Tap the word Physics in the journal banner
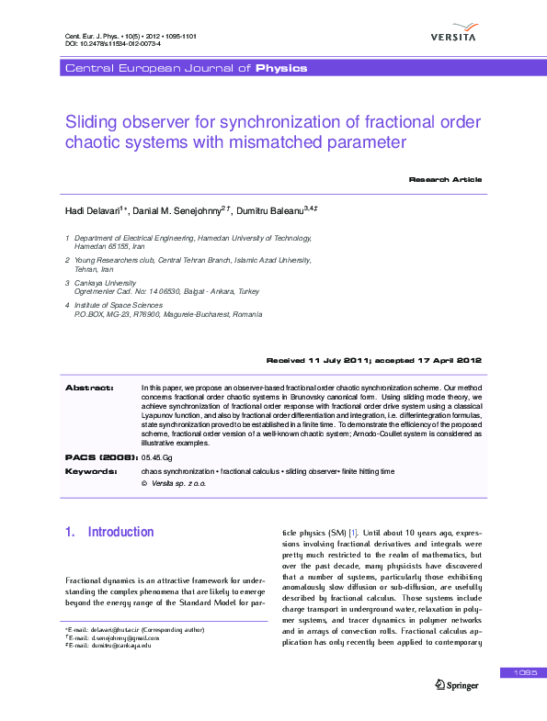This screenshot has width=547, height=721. point(281,69)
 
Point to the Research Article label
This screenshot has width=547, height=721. point(445,179)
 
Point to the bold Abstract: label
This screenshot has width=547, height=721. point(89,389)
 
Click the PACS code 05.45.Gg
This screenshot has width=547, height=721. point(156,456)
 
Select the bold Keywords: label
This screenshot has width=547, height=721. point(91,470)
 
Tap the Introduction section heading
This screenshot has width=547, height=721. point(120,532)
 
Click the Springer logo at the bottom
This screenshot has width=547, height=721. point(456,684)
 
